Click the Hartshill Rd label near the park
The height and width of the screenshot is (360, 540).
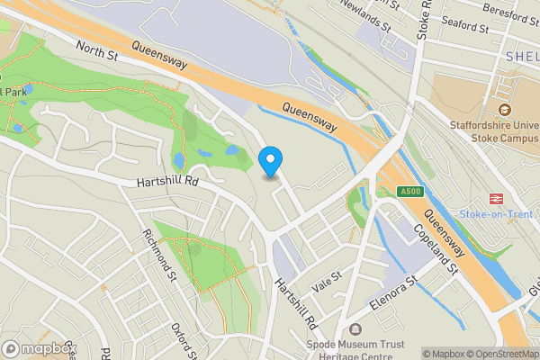(x=167, y=182)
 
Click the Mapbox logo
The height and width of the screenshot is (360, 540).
(x=38, y=348)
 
